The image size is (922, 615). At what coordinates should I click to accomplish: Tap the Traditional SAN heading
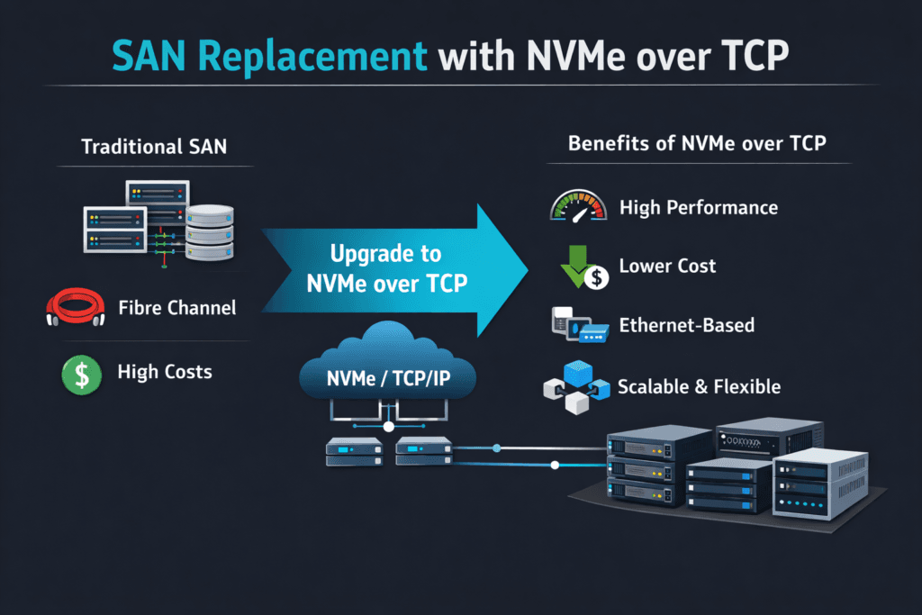pos(154,147)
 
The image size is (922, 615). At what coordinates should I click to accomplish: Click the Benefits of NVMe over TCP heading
pos(697,144)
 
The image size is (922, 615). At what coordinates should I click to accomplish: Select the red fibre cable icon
pos(69,308)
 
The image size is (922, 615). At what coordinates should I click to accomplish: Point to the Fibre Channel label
pos(176,308)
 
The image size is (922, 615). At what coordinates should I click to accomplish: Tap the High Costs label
pos(166,372)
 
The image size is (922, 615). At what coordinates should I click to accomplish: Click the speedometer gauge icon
pos(577,206)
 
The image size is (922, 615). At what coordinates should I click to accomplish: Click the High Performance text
pos(698,208)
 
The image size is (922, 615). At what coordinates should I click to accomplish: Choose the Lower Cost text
pos(667,266)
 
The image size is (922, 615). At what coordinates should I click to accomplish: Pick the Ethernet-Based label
pos(687,325)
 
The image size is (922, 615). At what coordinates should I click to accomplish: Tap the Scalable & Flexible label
pos(699,387)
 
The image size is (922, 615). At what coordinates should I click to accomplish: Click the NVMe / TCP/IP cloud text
pos(387,378)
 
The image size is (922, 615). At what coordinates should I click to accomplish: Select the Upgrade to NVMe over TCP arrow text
pos(386,269)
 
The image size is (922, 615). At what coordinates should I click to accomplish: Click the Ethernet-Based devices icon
pos(578,326)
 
